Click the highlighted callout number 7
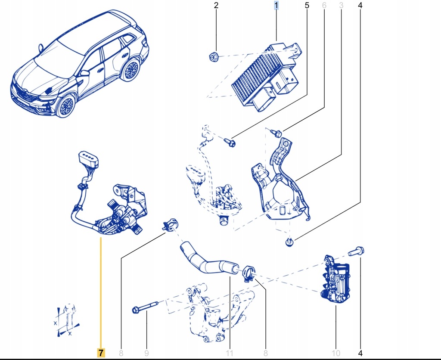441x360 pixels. (x=100, y=353)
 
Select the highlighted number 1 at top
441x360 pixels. (x=276, y=6)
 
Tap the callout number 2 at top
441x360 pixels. (x=216, y=6)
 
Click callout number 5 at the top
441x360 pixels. (x=307, y=6)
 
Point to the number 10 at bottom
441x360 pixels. (x=336, y=353)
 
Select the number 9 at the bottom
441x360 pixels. (x=146, y=353)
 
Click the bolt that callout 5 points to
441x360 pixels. (x=230, y=142)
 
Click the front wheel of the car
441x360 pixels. (x=66, y=106)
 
